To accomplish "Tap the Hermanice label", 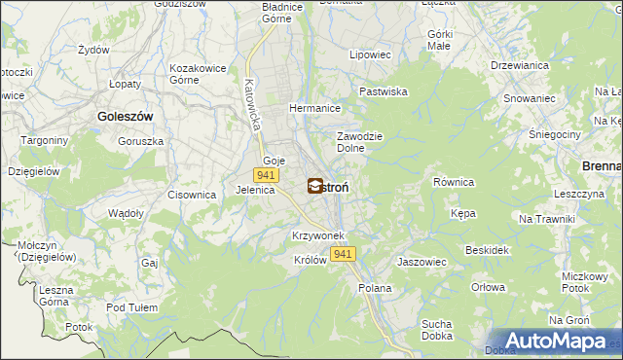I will [x=312, y=108].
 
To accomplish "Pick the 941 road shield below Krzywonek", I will [x=342, y=253].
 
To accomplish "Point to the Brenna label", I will [x=602, y=166].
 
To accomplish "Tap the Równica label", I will [x=453, y=182].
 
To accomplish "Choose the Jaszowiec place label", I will [x=421, y=262].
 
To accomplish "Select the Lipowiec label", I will [x=370, y=55].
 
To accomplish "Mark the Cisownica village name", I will [x=191, y=195].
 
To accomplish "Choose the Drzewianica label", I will [x=517, y=65].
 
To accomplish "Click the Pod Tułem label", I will [x=131, y=307].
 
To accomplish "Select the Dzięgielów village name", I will [x=34, y=170].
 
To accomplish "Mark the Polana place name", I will [x=375, y=288].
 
